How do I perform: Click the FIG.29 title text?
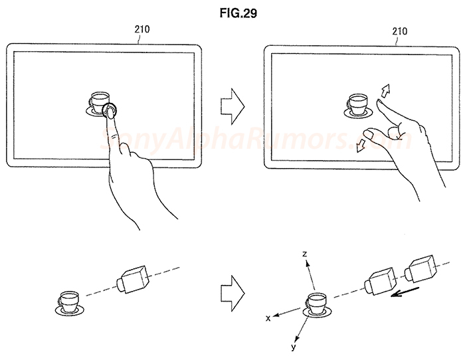pyautogui.click(x=232, y=12)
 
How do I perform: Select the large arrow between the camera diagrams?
pyautogui.click(x=232, y=290)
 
